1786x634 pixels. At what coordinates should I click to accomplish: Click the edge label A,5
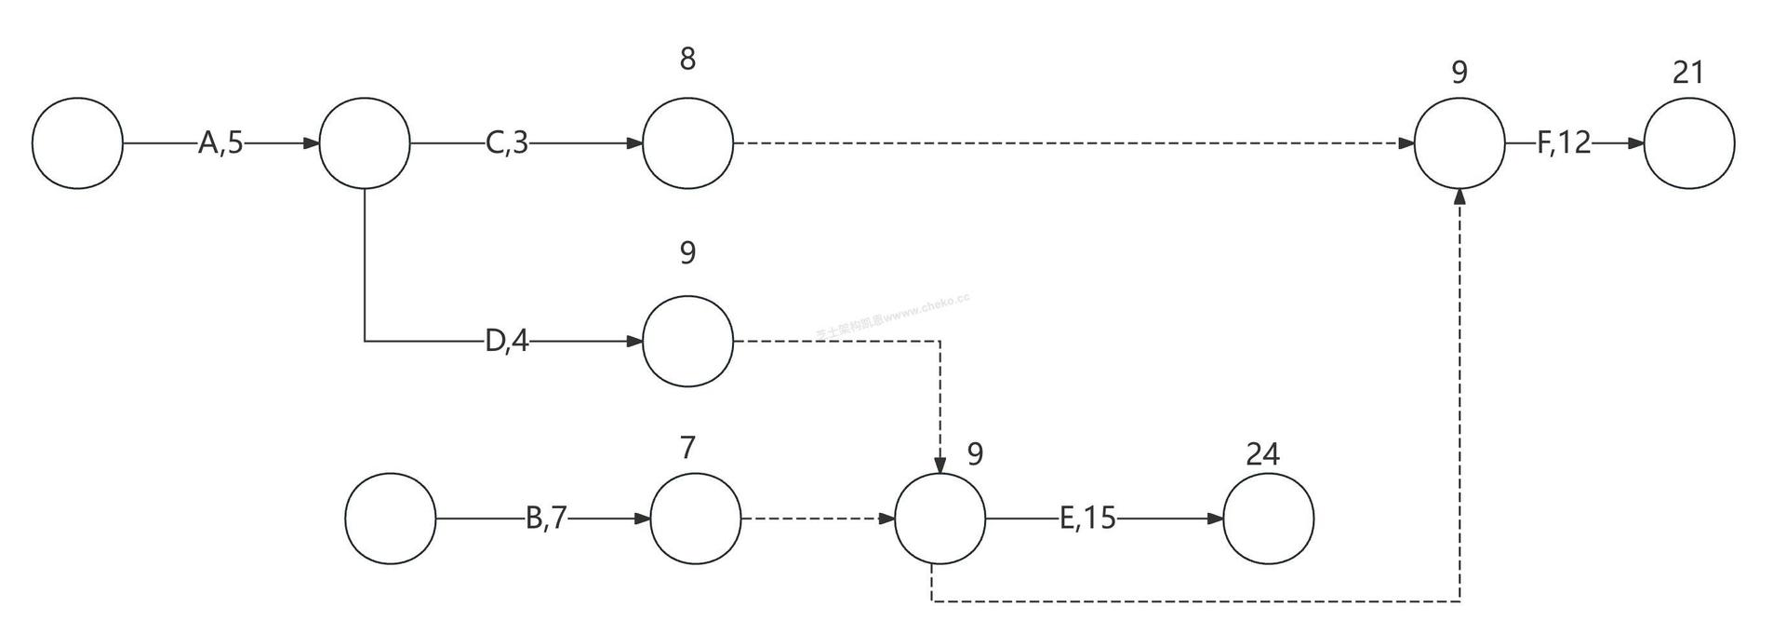coord(220,143)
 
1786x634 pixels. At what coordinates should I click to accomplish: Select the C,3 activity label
coord(507,143)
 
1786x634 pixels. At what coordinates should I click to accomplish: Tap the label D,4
coord(507,342)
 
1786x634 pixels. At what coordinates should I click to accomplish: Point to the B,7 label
coord(546,519)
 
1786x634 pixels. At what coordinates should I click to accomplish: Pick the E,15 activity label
coord(1087,519)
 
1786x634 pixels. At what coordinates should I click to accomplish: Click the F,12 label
coord(1564,143)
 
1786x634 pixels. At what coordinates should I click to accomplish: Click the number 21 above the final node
coord(1687,73)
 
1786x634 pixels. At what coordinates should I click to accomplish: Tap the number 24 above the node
coord(1262,454)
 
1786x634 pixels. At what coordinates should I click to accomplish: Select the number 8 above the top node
coord(687,60)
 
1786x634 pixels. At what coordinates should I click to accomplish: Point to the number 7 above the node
coord(687,449)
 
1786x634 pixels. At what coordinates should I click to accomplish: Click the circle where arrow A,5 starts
coord(77,143)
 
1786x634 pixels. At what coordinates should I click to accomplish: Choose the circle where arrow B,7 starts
coord(391,519)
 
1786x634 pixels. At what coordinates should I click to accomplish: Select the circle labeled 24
coord(1268,519)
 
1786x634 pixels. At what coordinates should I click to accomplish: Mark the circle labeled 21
coord(1689,143)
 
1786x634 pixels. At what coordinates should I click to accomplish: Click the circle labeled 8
coord(687,143)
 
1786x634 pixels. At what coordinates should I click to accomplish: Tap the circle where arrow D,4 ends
coord(687,341)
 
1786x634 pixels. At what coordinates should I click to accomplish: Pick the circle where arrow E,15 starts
coord(940,519)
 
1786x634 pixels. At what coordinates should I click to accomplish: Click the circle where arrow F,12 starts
coord(1459,143)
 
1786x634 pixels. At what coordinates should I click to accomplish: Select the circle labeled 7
coord(695,519)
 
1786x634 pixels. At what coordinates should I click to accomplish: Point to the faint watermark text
coord(893,317)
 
